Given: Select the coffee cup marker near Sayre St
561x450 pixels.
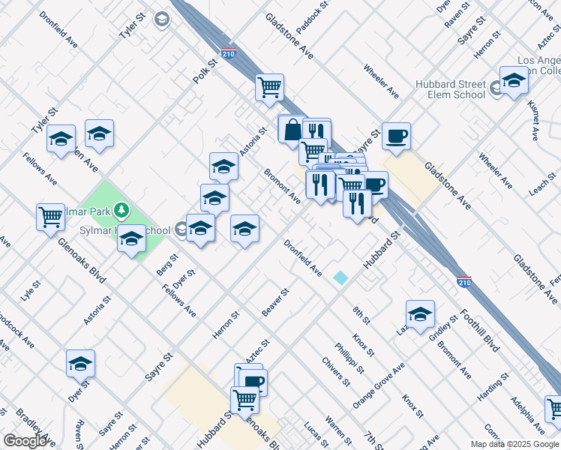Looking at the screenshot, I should click(396, 136).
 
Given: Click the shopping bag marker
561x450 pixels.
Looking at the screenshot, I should click(291, 130).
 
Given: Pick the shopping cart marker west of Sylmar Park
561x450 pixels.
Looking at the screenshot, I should click(51, 217).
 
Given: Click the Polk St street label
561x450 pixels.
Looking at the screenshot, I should click(202, 67).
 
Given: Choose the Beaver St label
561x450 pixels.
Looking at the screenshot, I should click(275, 301).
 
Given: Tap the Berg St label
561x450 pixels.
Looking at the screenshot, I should click(167, 265).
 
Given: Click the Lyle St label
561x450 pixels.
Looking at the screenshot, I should click(30, 289).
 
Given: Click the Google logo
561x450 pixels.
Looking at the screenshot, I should click(25, 441).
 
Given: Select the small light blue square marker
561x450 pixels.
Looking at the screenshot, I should click(341, 277).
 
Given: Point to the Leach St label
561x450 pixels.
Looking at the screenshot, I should click(541, 182).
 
